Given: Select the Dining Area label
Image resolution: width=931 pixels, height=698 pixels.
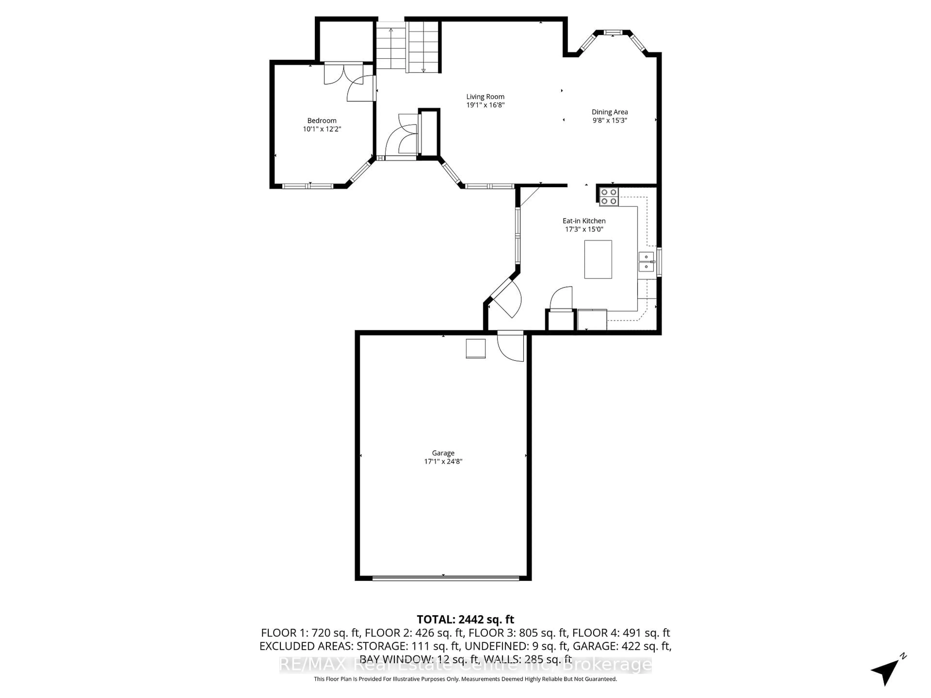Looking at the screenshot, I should point(610,112).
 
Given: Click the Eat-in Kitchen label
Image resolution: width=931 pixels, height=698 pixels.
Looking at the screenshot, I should point(584,221).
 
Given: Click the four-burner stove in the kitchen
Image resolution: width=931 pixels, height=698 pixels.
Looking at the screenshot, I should point(609,197).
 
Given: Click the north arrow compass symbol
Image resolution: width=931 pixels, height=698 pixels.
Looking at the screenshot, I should point(887,672).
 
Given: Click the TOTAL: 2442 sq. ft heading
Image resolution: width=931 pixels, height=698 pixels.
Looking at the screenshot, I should point(465,619).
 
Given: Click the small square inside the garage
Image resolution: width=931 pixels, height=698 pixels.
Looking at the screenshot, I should point(475,348).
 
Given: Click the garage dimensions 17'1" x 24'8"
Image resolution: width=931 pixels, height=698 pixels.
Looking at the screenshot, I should point(443,461).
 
